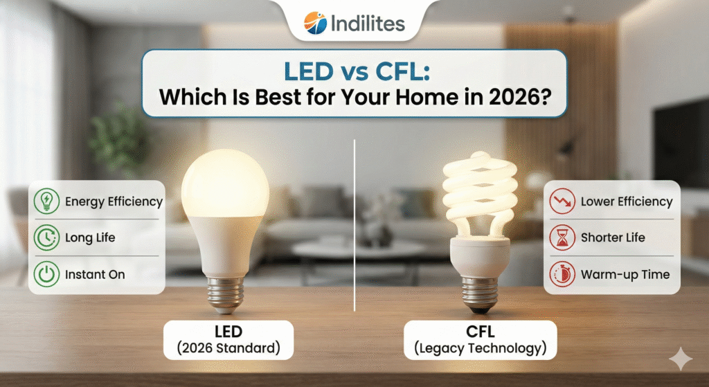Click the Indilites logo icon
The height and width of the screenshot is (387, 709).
coord(315,23)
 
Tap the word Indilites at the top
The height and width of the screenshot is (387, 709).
coord(368,23)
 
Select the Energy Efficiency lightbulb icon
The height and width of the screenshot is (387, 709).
coord(46,201)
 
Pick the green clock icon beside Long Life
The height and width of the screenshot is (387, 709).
coord(46,237)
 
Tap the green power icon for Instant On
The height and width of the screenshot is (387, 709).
coord(46,274)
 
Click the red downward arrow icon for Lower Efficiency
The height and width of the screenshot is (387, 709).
coord(562,201)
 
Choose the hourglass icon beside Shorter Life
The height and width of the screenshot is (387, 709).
coord(562,237)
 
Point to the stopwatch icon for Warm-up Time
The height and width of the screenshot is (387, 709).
coord(562,274)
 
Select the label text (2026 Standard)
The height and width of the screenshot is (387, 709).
coord(228,348)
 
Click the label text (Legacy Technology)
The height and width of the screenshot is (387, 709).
coord(481,348)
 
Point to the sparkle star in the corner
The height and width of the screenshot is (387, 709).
coord(681,359)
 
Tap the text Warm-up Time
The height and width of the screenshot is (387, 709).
coord(625,274)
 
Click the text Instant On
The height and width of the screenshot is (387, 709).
coord(95,274)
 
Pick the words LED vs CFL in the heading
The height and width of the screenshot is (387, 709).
coord(357,71)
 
